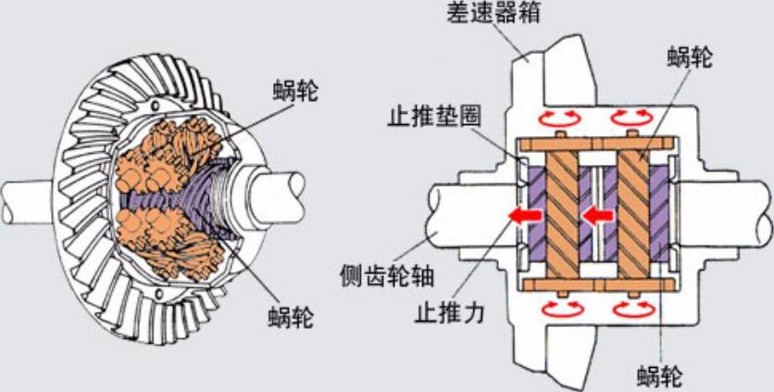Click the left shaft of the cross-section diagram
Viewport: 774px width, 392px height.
pyautogui.click(x=468, y=212)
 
